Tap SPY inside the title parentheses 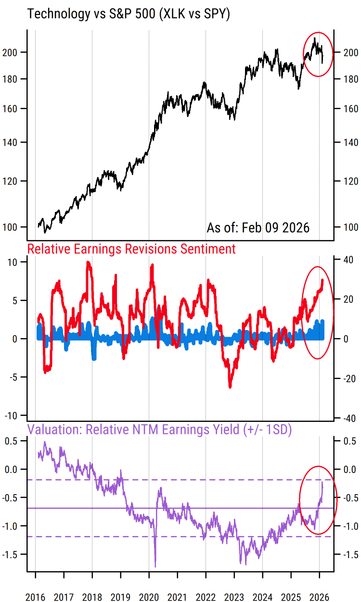(x=212, y=14)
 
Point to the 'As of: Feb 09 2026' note (x=258, y=227)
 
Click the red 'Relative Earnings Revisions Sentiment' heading (x=131, y=249)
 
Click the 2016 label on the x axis (x=35, y=597)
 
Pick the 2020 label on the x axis (x=149, y=597)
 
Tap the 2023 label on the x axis (x=234, y=597)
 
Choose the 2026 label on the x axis (x=320, y=597)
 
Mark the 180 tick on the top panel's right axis (x=348, y=79)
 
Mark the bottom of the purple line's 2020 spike (x=155, y=566)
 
